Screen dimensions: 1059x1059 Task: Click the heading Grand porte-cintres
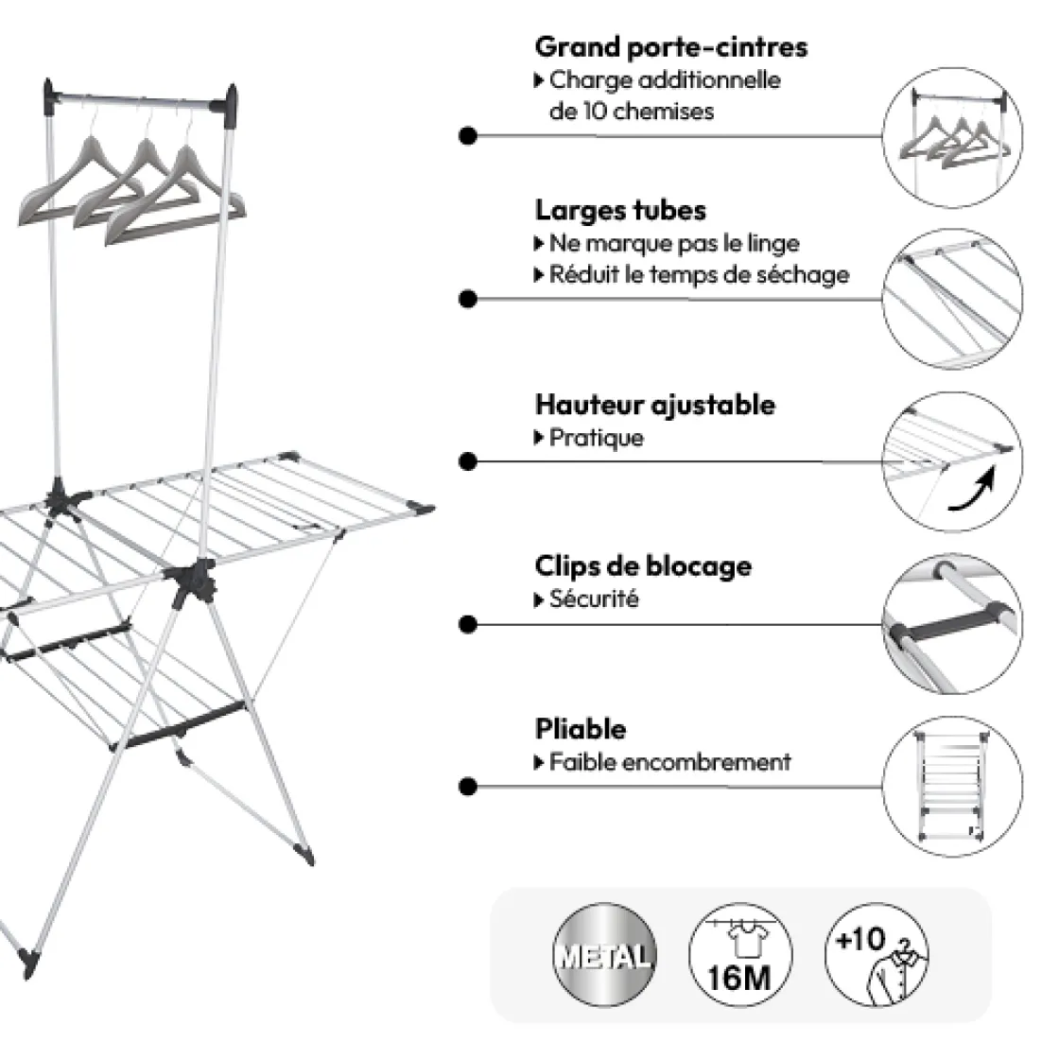pyautogui.click(x=670, y=46)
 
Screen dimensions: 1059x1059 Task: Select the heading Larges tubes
pyautogui.click(x=620, y=210)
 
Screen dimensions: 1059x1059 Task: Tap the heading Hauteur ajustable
pyautogui.click(x=654, y=405)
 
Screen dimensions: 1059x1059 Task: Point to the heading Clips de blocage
pyautogui.click(x=643, y=566)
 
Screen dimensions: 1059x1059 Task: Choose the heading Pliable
pyautogui.click(x=580, y=730)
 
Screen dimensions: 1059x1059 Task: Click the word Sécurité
pyautogui.click(x=593, y=599)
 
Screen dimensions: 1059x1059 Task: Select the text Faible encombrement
pyautogui.click(x=669, y=762)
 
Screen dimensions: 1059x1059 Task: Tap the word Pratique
pyautogui.click(x=596, y=439)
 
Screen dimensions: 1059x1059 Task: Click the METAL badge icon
pyautogui.click(x=605, y=954)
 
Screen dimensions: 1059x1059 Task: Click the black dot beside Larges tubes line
pyautogui.click(x=466, y=300)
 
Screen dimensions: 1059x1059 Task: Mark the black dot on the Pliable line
pyautogui.click(x=466, y=787)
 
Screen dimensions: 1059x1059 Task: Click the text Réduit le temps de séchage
pyautogui.click(x=699, y=275)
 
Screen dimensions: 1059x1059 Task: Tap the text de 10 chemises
pyautogui.click(x=631, y=112)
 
